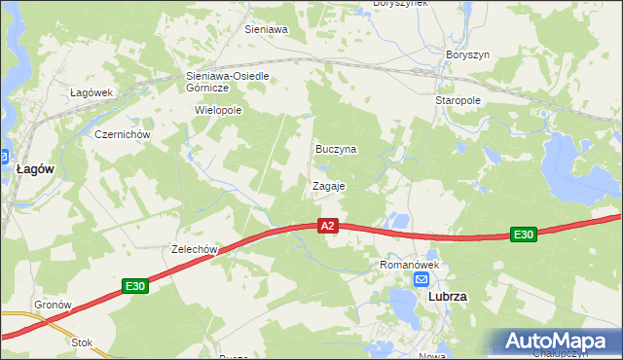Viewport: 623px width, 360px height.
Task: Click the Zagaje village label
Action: pos(328,185)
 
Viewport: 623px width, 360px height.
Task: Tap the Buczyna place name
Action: pos(336,150)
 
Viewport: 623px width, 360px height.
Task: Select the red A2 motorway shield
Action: pos(328,226)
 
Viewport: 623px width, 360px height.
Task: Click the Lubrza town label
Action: pos(448,298)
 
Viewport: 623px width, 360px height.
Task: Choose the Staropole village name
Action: pos(458,100)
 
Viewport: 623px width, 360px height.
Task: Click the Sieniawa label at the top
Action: pos(266,29)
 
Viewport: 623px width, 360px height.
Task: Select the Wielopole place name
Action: pos(218,111)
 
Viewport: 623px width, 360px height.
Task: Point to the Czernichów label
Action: pos(120,134)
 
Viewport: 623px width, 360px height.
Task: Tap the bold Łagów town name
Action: pos(35,168)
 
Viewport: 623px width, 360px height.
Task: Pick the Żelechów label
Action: pos(192,249)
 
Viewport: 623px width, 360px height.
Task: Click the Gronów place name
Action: pos(54,305)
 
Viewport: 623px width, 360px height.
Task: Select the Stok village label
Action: pos(82,342)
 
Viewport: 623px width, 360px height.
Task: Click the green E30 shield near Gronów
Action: pos(134,286)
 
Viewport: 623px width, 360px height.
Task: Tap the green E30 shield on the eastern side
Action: pos(524,234)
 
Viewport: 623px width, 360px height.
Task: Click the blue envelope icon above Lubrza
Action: pos(421,279)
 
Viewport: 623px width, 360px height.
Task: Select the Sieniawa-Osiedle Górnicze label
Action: pos(227,81)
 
